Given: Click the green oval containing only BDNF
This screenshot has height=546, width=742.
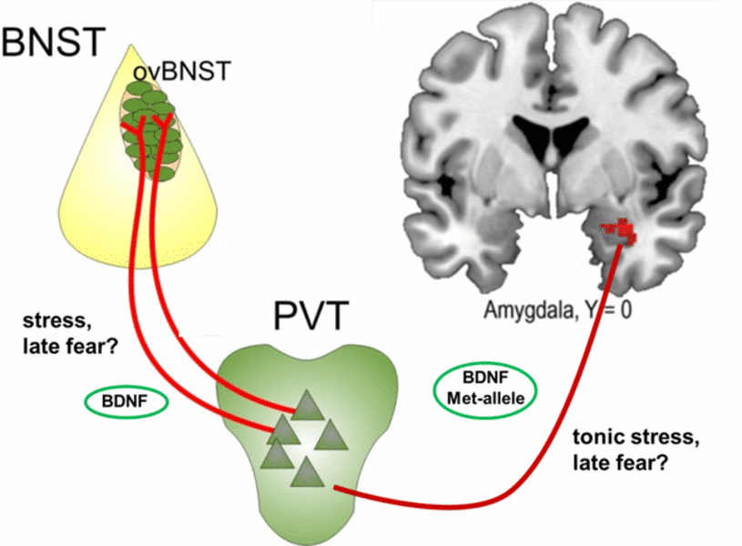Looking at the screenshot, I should [x=127, y=400].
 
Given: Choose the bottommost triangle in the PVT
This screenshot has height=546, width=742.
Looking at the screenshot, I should [x=308, y=471].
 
